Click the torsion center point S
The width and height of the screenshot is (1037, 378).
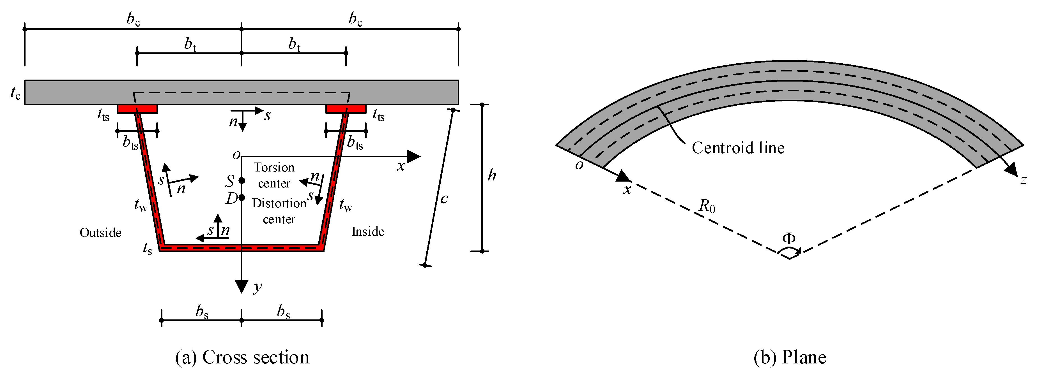tap(242, 180)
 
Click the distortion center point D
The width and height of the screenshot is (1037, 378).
tap(242, 198)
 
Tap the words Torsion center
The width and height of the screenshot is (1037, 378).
tap(274, 175)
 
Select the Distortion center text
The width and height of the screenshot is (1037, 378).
tap(279, 211)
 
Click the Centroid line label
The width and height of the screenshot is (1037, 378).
tap(738, 148)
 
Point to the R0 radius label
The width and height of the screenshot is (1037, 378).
tap(707, 206)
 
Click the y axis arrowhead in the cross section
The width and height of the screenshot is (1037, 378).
tap(242, 286)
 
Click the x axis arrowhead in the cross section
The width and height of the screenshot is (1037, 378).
tap(414, 156)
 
